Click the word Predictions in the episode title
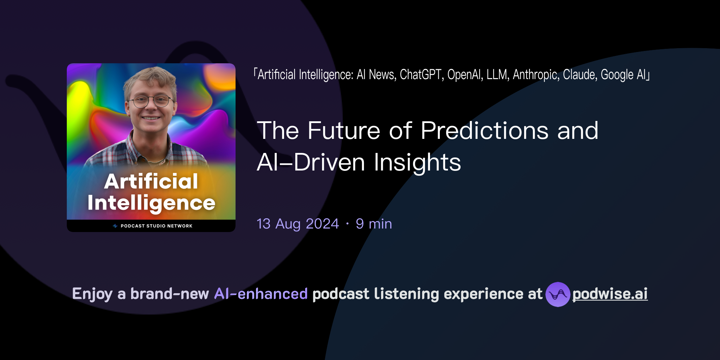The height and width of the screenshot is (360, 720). (x=484, y=131)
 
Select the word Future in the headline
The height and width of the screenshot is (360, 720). (x=343, y=131)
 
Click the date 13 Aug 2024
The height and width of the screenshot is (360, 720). (x=298, y=224)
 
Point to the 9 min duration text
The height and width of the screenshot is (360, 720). (x=374, y=224)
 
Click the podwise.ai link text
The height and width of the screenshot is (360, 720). (x=610, y=294)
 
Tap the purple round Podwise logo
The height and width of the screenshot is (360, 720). (x=558, y=294)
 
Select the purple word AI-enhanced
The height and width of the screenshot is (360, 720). (x=261, y=294)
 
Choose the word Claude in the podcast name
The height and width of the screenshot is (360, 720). (x=580, y=75)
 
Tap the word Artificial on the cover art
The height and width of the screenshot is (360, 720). (x=151, y=181)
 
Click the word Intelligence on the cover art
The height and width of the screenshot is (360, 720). (x=151, y=203)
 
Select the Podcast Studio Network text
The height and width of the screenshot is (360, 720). (x=156, y=226)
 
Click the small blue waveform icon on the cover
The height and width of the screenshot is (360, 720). (x=115, y=226)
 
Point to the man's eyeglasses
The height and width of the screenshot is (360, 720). (x=151, y=101)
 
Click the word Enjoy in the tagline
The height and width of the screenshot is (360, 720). (x=92, y=294)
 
